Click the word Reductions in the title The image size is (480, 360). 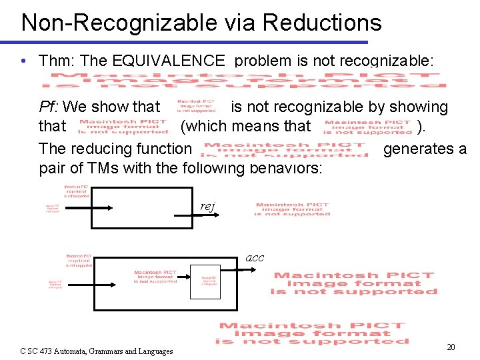coord(322,22)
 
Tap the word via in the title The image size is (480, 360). coord(234,22)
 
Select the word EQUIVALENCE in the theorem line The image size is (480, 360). coord(169,61)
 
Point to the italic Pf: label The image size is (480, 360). coord(51,107)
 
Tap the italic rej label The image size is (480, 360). coord(207,207)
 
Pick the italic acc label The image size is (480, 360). coord(255,257)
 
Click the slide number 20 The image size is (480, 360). coord(451,347)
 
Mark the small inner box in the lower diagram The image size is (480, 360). coord(205,281)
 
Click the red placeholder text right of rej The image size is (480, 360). coord(293,209)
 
